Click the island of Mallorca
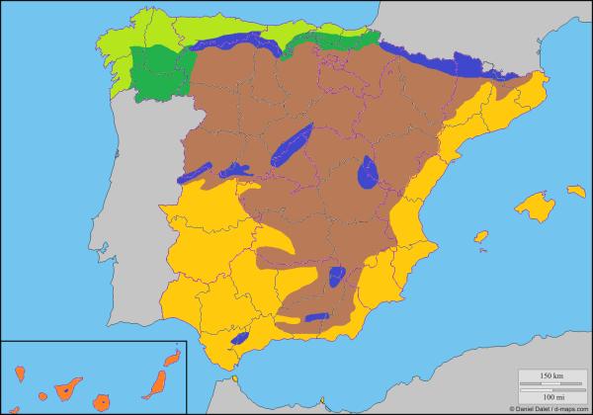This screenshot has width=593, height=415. (x=536, y=207)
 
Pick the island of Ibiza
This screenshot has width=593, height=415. (x=481, y=237)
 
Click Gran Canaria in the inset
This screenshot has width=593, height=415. (x=100, y=402)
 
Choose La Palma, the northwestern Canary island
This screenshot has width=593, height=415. (x=20, y=373)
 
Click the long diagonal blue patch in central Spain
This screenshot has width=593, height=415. (x=293, y=145)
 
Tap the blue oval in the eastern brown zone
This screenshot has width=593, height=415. (x=369, y=172)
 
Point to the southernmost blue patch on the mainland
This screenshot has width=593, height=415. (x=238, y=338)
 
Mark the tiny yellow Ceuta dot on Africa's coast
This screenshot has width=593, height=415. (x=236, y=376)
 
